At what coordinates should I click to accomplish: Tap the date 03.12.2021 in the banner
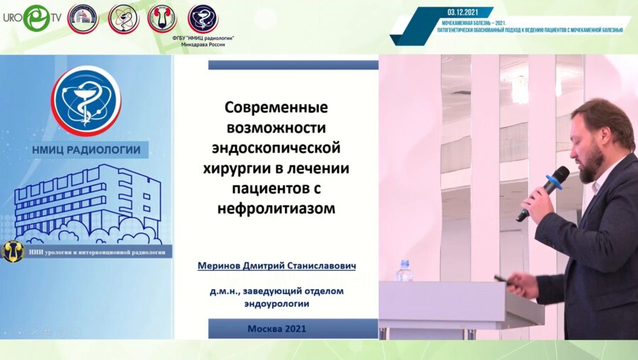click(464, 12)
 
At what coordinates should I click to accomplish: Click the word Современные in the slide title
click(277, 109)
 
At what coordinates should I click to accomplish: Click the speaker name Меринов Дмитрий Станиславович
click(276, 266)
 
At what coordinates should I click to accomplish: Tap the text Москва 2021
click(276, 329)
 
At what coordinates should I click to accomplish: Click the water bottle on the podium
click(405, 271)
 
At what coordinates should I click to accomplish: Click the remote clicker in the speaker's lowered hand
click(503, 279)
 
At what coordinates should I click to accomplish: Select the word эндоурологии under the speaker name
click(276, 303)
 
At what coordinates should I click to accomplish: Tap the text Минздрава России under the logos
click(203, 44)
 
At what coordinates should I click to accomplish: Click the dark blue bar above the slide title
click(293, 64)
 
